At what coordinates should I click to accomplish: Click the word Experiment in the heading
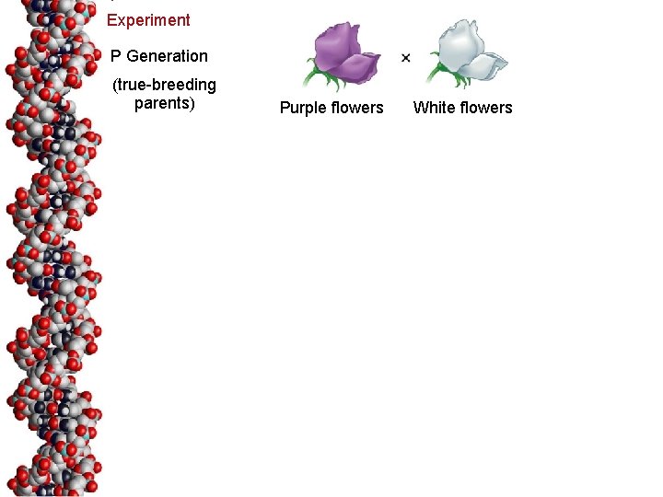tap(148, 20)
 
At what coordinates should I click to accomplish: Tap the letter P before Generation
tap(116, 56)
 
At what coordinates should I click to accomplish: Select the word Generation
tap(168, 56)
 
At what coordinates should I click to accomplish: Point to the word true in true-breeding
tap(132, 86)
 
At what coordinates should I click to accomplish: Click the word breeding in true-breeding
tap(184, 86)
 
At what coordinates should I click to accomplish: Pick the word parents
tap(162, 103)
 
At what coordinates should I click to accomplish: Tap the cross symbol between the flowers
tap(406, 58)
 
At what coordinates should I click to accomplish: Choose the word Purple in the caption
tap(301, 108)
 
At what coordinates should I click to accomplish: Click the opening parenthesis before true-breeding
tap(114, 86)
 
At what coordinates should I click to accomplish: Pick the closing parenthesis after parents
tap(193, 103)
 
